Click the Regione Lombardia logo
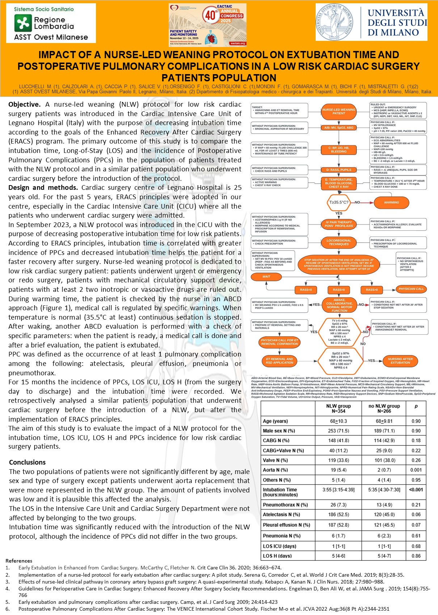pyautogui.click(x=51, y=24)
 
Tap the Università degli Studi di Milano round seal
pyautogui.click(x=335, y=23)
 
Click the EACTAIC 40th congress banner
pyautogui.click(x=207, y=25)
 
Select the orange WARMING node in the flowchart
pyautogui.click(x=391, y=202)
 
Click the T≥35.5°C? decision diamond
pyautogui.click(x=338, y=202)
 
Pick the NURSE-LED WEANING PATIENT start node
pyautogui.click(x=338, y=111)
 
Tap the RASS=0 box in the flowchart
pyautogui.click(x=339, y=290)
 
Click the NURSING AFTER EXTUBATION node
pyautogui.click(x=400, y=360)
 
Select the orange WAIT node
pyautogui.click(x=266, y=277)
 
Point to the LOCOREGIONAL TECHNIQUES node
pyautogui.click(x=338, y=242)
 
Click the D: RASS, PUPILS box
pyautogui.click(x=338, y=170)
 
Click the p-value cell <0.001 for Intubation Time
pyautogui.click(x=416, y=490)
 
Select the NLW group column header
pyautogui.click(x=338, y=409)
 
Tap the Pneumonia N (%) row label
pyautogui.click(x=280, y=536)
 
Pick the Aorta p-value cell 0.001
pyautogui.click(x=416, y=470)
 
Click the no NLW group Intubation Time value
pyautogui.click(x=384, y=490)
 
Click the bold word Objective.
pyautogui.click(x=24, y=104)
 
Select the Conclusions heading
pyautogui.click(x=28, y=462)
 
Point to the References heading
pyautogui.click(x=19, y=561)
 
